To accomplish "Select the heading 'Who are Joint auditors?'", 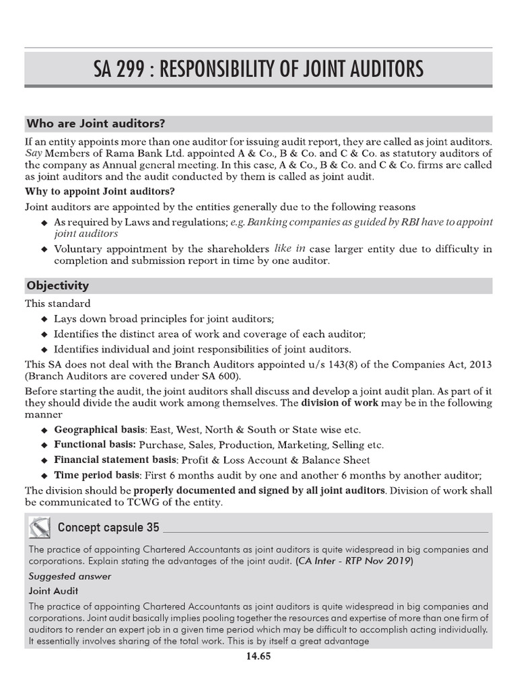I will coord(96,124).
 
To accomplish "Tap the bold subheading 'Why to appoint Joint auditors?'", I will coord(98,191).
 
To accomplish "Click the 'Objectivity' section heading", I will coord(57,286).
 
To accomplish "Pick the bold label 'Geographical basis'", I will coord(99,429).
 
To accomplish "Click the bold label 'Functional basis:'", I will coord(95,445).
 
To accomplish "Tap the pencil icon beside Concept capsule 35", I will coord(39,526).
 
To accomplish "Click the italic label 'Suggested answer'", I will coord(70,576).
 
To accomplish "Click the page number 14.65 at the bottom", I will coord(258,657).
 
